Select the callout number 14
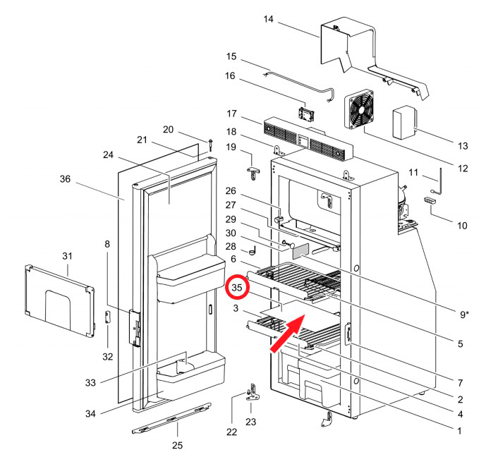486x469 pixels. [x=268, y=20]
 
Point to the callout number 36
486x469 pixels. [x=65, y=179]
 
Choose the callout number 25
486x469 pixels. [x=178, y=445]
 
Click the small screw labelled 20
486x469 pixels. [x=210, y=145]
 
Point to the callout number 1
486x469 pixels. [x=460, y=429]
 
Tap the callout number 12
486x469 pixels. [x=463, y=169]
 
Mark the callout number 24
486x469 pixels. [x=108, y=154]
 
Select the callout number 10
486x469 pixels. [x=463, y=226]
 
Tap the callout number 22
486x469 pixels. [x=231, y=432]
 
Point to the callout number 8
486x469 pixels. [x=107, y=245]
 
